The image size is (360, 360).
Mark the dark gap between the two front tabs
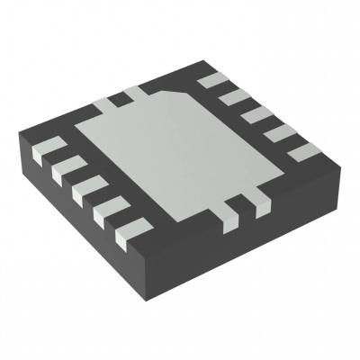coord(229,208)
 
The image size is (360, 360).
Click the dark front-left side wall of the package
coord(81,225)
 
